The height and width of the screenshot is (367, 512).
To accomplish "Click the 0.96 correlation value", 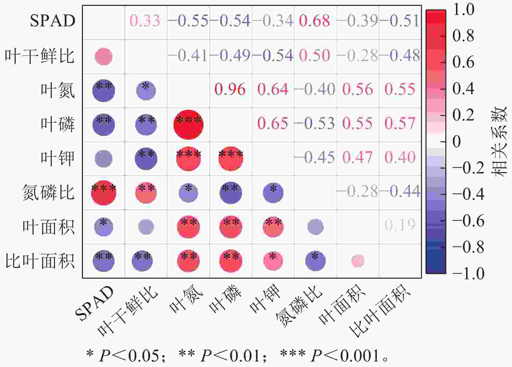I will [x=230, y=89].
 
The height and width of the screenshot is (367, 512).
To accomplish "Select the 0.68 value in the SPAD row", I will [x=314, y=21].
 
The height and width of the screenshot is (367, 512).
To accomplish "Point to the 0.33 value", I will [x=145, y=21].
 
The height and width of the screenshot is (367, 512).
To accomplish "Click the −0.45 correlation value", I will [x=314, y=158].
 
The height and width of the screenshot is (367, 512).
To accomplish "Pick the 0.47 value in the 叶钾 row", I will [x=357, y=158].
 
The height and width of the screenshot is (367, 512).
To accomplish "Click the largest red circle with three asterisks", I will [x=188, y=125].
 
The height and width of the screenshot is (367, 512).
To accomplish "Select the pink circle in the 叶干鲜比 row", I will [x=104, y=57].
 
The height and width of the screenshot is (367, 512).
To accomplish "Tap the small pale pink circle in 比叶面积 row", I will [x=358, y=261].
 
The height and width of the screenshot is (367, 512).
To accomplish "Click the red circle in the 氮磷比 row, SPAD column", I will [x=104, y=193].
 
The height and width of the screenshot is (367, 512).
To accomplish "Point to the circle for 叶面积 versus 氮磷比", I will [x=315, y=227].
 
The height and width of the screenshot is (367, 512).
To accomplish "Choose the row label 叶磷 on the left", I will [x=58, y=124].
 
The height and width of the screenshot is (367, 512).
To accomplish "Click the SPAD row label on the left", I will [x=53, y=21].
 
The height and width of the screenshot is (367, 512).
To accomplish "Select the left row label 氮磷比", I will [x=48, y=192].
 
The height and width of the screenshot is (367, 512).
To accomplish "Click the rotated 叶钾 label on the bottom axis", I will [x=265, y=299].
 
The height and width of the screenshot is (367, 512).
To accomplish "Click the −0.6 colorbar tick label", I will [x=468, y=221].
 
